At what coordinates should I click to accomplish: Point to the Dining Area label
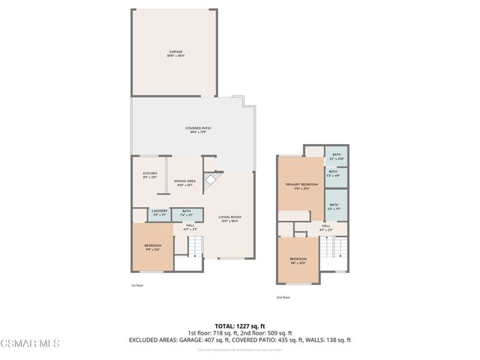click(x=185, y=182)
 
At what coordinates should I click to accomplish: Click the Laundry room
click(x=159, y=213)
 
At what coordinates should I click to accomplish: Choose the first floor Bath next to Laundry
click(x=186, y=213)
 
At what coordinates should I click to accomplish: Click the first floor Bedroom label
click(x=152, y=248)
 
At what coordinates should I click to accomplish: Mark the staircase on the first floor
click(x=195, y=244)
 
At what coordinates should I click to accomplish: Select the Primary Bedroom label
click(x=298, y=187)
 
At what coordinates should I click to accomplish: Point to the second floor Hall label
click(x=326, y=227)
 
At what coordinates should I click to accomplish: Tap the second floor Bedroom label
click(x=298, y=262)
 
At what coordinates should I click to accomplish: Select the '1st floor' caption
click(x=136, y=286)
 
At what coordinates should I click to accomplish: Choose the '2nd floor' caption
click(x=283, y=297)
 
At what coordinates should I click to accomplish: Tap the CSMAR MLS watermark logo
click(x=30, y=343)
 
